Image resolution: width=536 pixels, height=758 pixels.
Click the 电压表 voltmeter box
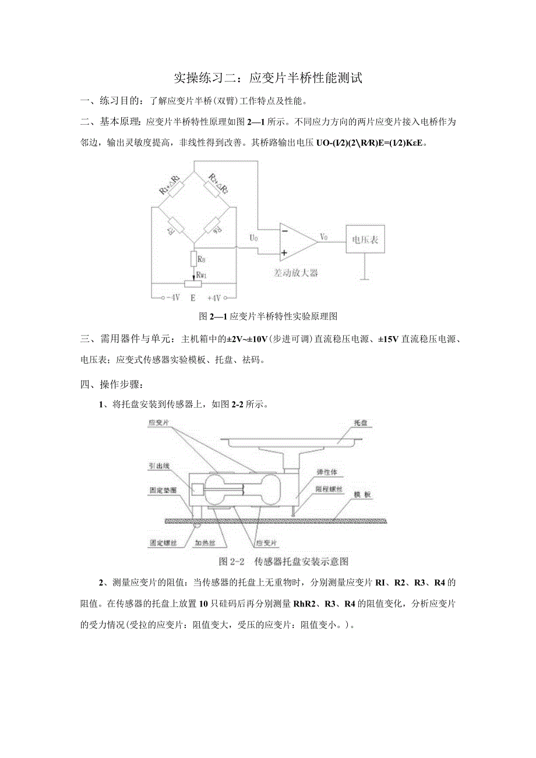click(x=365, y=239)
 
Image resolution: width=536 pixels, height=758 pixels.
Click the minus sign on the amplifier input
click(x=285, y=231)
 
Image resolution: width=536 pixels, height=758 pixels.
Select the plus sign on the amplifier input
click(x=285, y=253)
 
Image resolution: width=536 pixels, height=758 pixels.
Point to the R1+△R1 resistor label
click(x=170, y=184)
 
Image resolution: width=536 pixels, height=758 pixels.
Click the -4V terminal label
click(x=172, y=298)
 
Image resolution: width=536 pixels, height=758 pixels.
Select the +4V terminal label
click(x=215, y=298)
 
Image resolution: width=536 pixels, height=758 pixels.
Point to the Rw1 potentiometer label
click(x=201, y=274)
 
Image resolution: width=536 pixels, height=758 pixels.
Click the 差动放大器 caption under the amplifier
click(x=296, y=273)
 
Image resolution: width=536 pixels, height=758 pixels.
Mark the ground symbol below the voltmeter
click(x=365, y=279)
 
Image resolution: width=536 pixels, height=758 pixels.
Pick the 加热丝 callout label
click(x=205, y=542)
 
